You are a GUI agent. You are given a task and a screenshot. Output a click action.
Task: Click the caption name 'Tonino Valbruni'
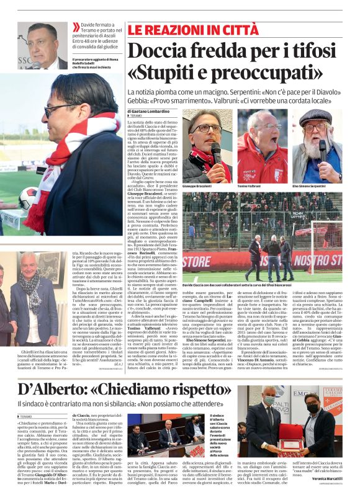[248, 186]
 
